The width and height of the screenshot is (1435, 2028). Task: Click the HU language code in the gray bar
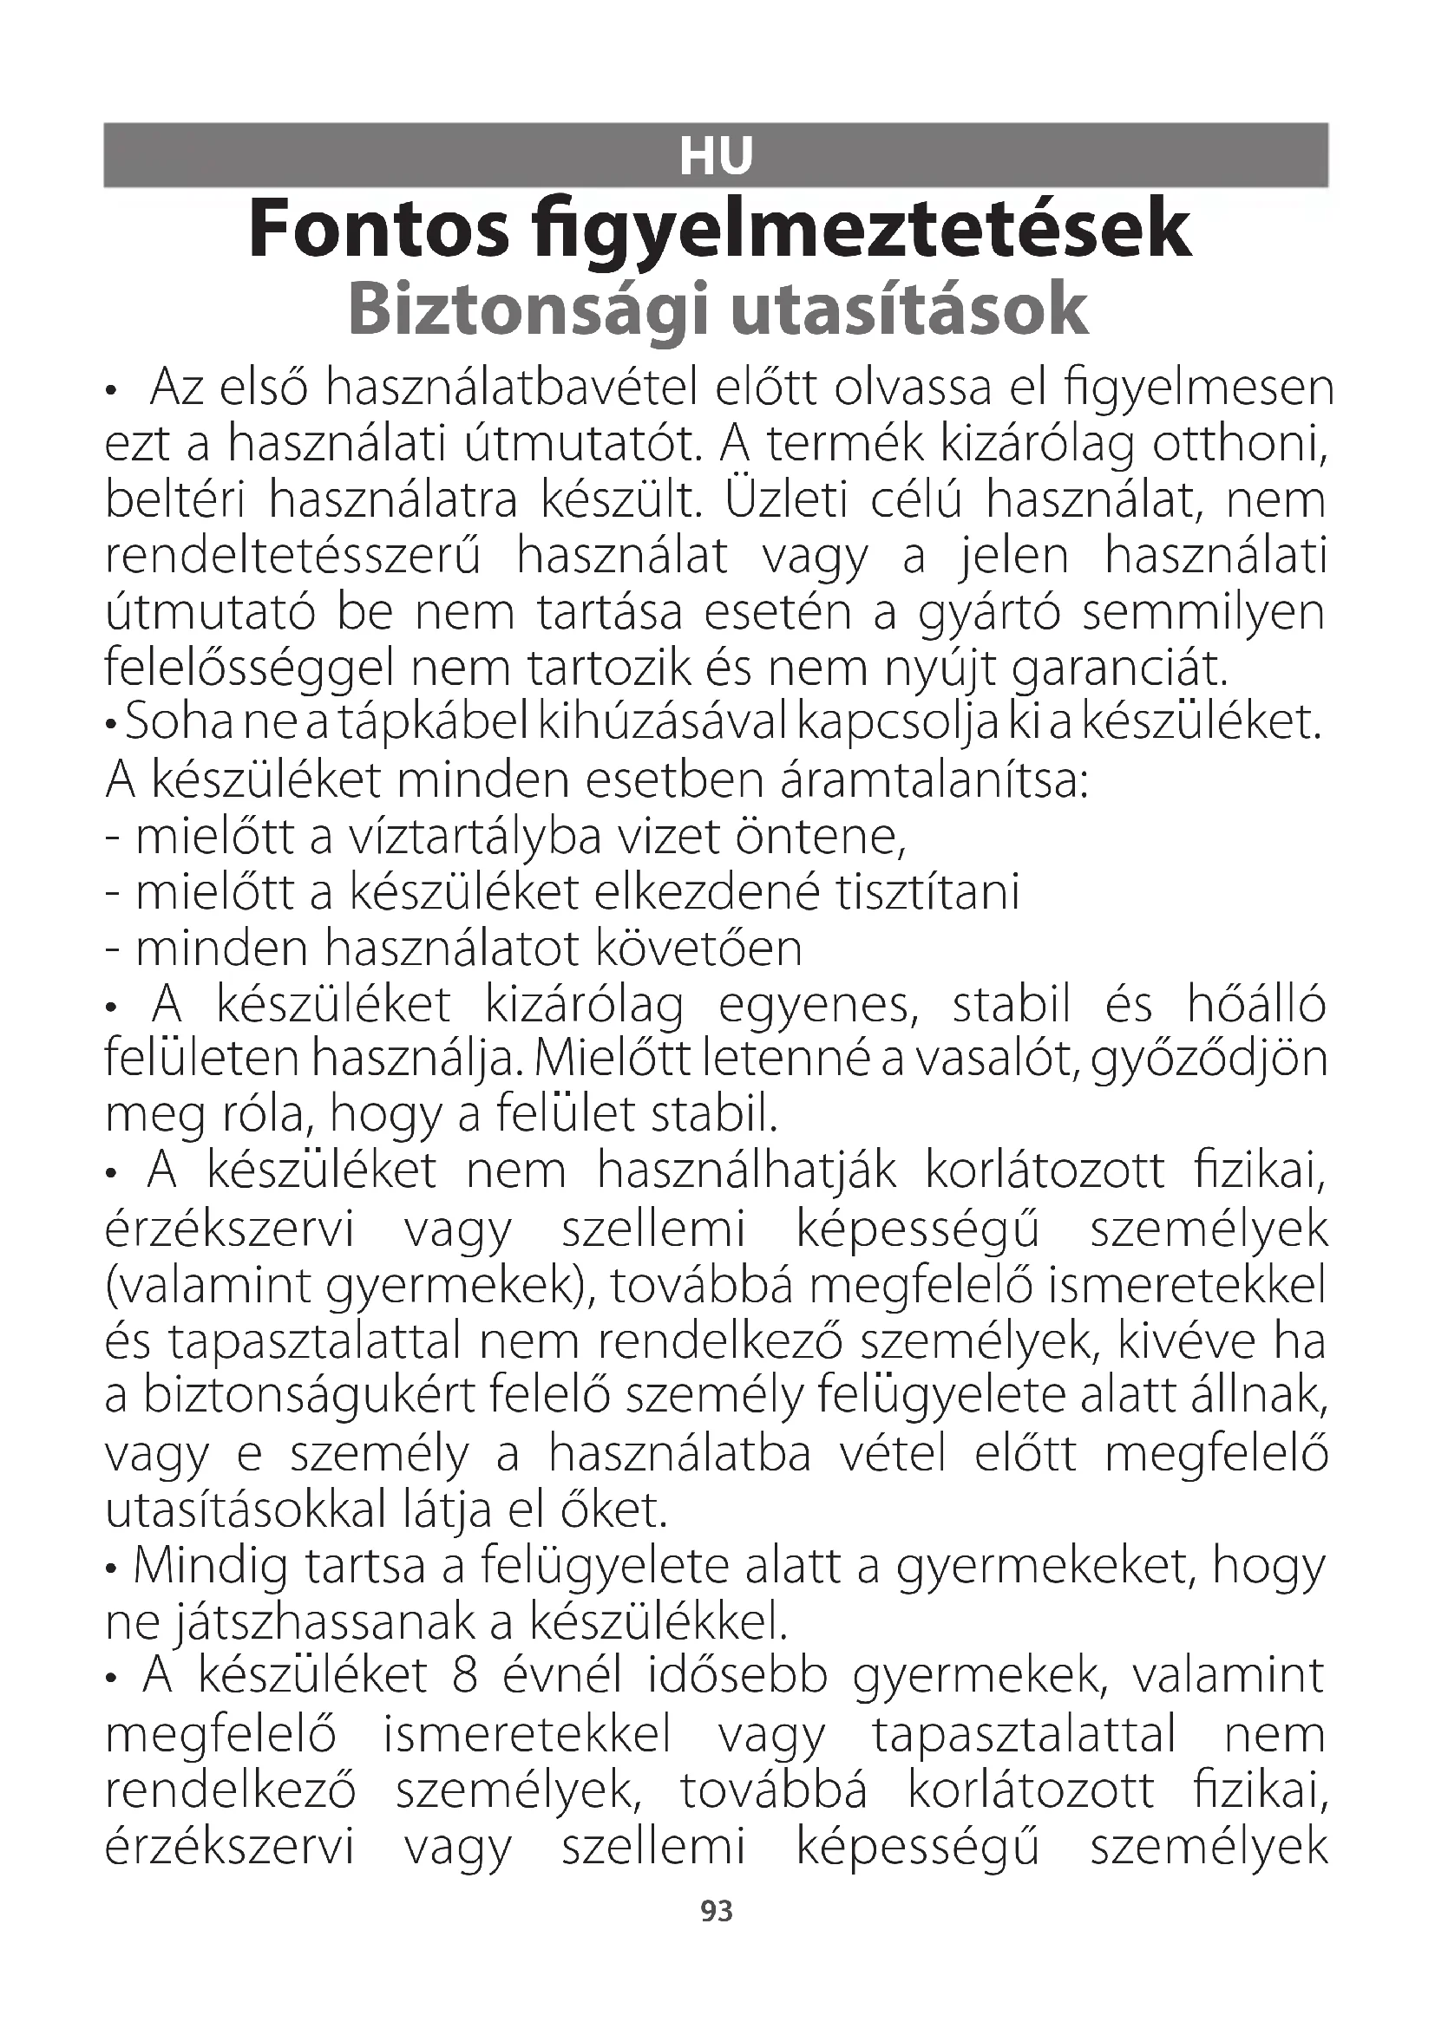tap(716, 156)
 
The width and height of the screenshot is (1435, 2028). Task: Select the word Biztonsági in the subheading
tap(527, 311)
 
